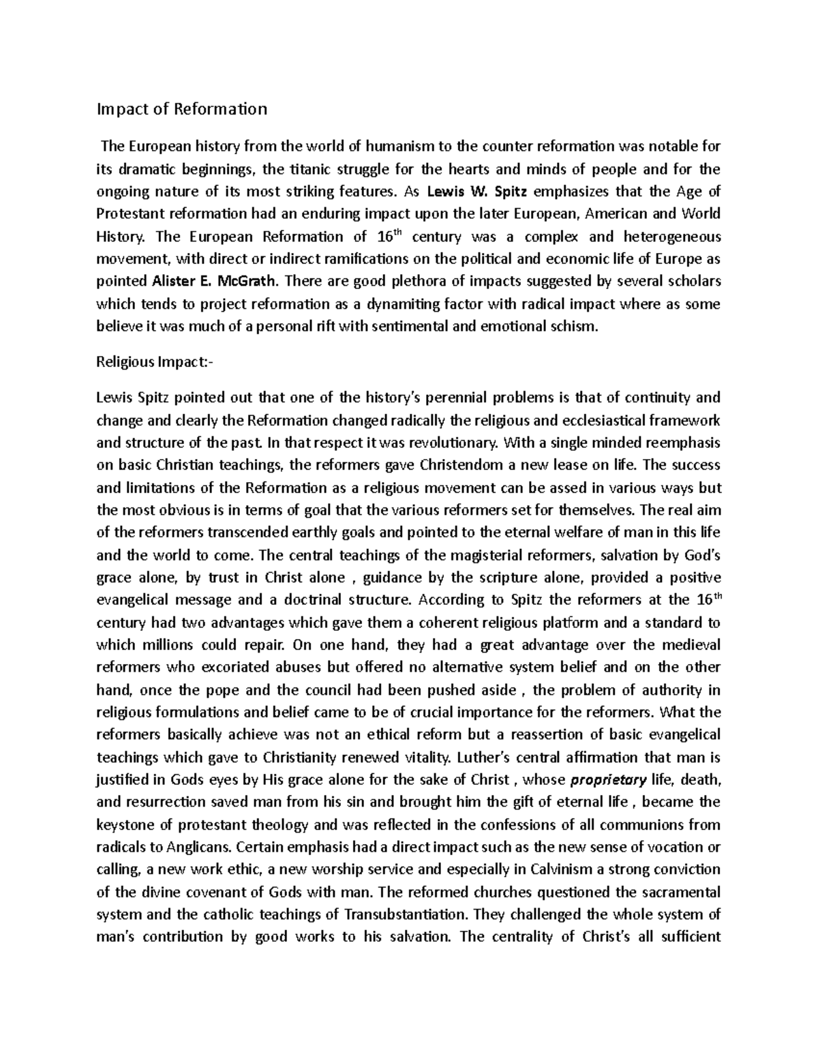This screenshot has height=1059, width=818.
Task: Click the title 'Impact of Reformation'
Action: click(182, 109)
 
